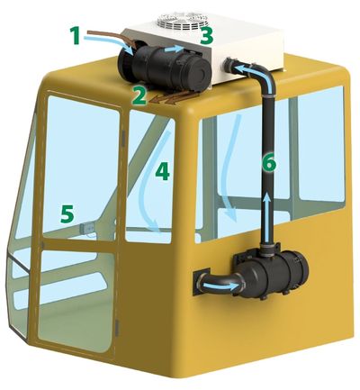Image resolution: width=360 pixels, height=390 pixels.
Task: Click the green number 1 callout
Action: [76, 35]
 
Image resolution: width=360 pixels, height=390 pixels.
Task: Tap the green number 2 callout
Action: [139, 96]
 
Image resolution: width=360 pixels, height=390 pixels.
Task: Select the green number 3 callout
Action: [207, 35]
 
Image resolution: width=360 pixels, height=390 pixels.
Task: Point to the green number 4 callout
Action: [163, 172]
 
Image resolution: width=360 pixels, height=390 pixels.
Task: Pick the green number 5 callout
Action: [67, 213]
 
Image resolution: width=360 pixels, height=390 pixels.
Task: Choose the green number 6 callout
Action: [268, 162]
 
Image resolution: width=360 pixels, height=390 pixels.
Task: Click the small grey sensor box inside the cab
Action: [86, 229]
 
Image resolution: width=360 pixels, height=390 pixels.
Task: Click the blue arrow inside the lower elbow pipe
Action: [221, 286]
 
